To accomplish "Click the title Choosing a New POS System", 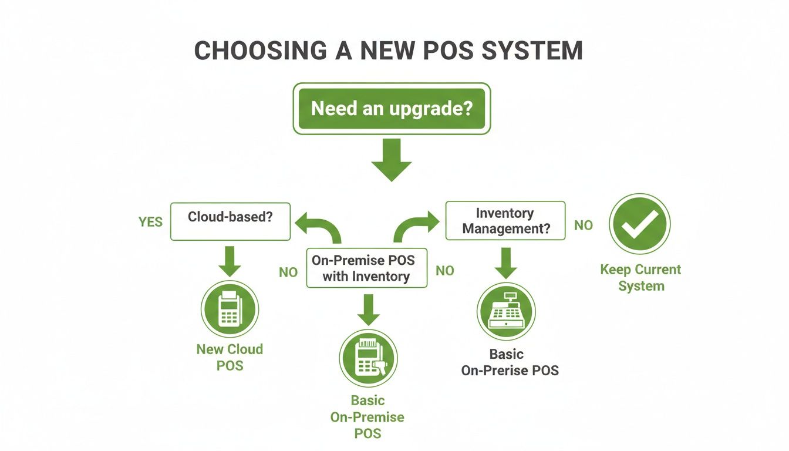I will pyautogui.click(x=388, y=51).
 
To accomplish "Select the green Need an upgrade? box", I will pyautogui.click(x=392, y=109).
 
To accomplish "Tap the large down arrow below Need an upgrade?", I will pyautogui.click(x=392, y=160).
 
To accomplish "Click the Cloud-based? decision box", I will pyautogui.click(x=230, y=221).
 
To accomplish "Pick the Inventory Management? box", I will pyautogui.click(x=505, y=221).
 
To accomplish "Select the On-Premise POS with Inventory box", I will pyautogui.click(x=366, y=268).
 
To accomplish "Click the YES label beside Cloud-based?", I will pyautogui.click(x=150, y=223).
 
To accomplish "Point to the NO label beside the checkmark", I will pyautogui.click(x=583, y=225).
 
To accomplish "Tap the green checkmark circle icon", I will pyautogui.click(x=639, y=224).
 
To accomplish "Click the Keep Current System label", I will pyautogui.click(x=640, y=278).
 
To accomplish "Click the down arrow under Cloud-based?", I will pyautogui.click(x=230, y=261).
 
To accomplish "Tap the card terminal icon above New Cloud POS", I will pyautogui.click(x=230, y=309).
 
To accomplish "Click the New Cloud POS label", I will pyautogui.click(x=230, y=357).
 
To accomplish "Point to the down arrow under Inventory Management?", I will pyautogui.click(x=505, y=262).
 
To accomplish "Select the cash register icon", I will pyautogui.click(x=505, y=311).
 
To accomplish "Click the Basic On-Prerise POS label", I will pyautogui.click(x=510, y=362).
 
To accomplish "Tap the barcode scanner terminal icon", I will pyautogui.click(x=368, y=358).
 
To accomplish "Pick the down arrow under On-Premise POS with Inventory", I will pyautogui.click(x=368, y=309).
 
